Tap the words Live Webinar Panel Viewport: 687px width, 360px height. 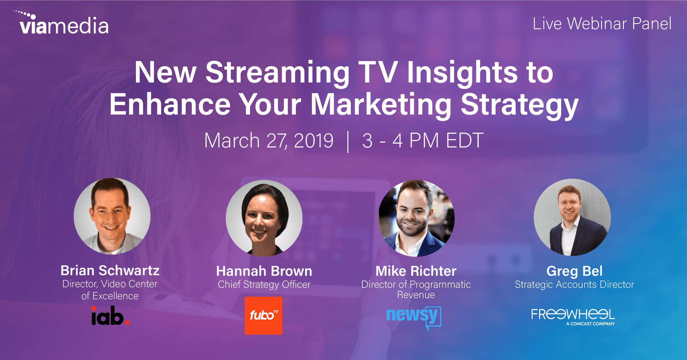click(x=602, y=23)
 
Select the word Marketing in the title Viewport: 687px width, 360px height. click(x=381, y=105)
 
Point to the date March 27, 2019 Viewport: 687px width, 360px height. click(x=269, y=141)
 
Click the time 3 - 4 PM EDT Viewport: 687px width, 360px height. click(x=423, y=141)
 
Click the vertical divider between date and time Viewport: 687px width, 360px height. click(x=348, y=142)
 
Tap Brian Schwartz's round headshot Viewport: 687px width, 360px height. click(x=112, y=216)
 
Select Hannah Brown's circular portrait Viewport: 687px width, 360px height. click(x=264, y=218)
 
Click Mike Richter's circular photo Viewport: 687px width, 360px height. click(x=416, y=218)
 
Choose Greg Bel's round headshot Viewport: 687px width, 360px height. click(x=572, y=217)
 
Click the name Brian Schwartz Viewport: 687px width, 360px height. click(x=110, y=271)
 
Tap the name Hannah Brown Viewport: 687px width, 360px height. click(x=264, y=271)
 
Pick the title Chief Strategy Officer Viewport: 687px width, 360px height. click(x=264, y=285)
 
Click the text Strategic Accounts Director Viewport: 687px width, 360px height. click(x=574, y=285)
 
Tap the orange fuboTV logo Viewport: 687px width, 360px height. click(x=264, y=315)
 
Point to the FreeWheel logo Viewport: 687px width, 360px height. click(x=573, y=316)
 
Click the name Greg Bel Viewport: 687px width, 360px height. click(x=574, y=271)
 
